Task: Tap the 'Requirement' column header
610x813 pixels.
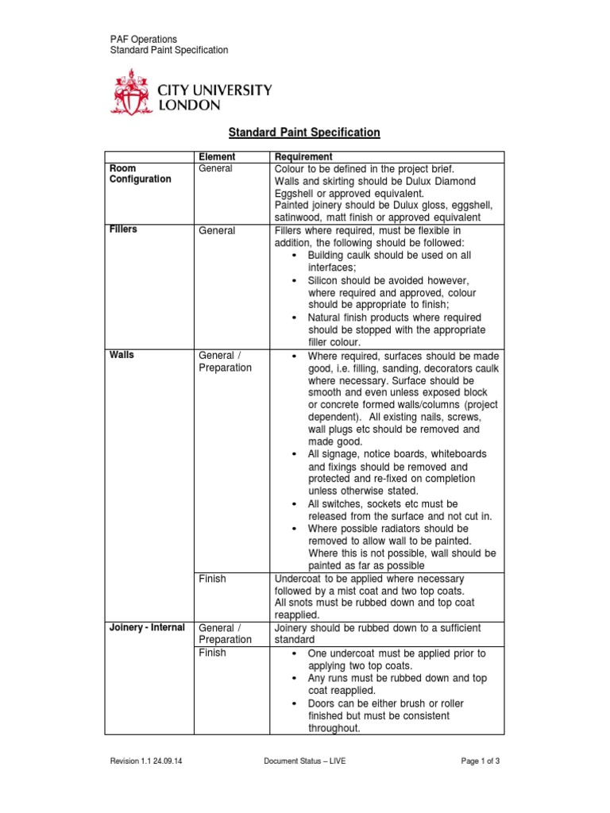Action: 302,157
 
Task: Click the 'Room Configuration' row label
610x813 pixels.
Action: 140,174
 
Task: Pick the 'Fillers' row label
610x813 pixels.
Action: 124,229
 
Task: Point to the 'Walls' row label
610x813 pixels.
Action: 122,356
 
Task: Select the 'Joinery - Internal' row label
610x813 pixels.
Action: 146,628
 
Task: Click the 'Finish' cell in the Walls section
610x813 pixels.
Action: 212,579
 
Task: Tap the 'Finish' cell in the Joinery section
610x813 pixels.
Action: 212,653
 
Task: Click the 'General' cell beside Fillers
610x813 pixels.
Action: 216,230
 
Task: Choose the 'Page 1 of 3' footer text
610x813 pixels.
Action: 480,761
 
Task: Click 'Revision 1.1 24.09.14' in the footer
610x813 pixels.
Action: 151,761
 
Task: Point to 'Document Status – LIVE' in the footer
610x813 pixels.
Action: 305,761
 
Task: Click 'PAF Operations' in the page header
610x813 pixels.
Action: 143,39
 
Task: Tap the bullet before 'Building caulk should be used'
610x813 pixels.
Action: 294,256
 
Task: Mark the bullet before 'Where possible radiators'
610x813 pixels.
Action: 294,529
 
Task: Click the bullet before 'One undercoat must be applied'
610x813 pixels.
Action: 294,653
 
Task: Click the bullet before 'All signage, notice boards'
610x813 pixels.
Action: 294,454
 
